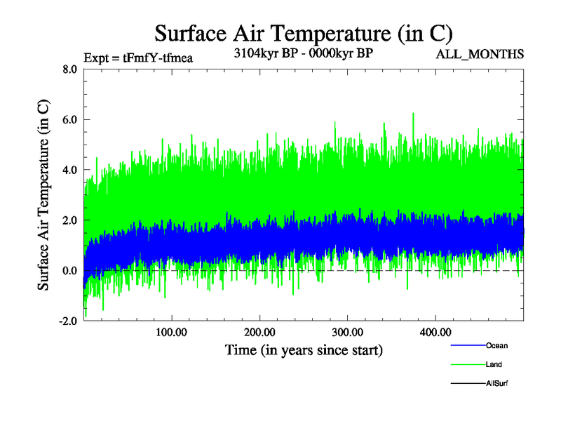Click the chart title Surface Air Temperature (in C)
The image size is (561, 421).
pyautogui.click(x=304, y=33)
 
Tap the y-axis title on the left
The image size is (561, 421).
pyautogui.click(x=43, y=196)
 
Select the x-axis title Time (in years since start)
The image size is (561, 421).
pyautogui.click(x=304, y=349)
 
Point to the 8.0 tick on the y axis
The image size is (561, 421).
pyautogui.click(x=69, y=69)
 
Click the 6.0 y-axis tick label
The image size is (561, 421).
pyautogui.click(x=69, y=120)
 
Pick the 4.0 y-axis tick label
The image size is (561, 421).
pyautogui.click(x=69, y=171)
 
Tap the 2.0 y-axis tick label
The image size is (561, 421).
pyautogui.click(x=69, y=220)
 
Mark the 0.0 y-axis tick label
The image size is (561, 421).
pyautogui.click(x=69, y=271)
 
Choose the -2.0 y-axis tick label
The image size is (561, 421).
pyautogui.click(x=67, y=321)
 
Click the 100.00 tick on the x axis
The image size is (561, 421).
pyautogui.click(x=171, y=331)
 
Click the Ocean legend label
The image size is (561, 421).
pyautogui.click(x=496, y=345)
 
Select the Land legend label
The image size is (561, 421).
pyautogui.click(x=494, y=364)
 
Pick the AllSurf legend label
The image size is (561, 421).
pyautogui.click(x=497, y=383)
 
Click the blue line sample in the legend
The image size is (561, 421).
pyautogui.click(x=467, y=345)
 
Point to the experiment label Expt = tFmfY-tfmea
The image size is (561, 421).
pyautogui.click(x=137, y=58)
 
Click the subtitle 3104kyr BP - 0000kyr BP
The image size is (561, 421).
pyautogui.click(x=304, y=53)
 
